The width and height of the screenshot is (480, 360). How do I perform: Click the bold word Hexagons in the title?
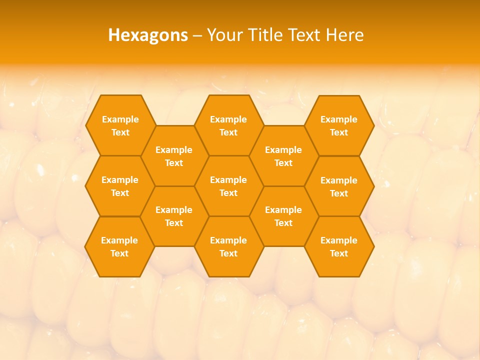148,35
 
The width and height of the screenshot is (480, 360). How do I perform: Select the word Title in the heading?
266,35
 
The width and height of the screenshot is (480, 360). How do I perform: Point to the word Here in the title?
345,35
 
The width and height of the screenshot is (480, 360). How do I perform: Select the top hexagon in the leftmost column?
120,125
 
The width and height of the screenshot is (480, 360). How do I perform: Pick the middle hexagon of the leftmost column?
120,186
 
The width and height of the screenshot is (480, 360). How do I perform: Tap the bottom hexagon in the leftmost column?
119,246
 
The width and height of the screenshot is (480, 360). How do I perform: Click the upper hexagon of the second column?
174,156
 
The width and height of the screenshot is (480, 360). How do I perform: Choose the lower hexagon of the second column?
174,216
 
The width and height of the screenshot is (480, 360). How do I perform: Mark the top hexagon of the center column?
228,125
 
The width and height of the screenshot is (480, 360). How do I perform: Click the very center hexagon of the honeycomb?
228,186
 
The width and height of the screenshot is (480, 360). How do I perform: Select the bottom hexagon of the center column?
228,246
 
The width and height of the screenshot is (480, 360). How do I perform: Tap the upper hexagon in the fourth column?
283,156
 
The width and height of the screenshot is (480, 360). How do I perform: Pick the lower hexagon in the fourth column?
283,216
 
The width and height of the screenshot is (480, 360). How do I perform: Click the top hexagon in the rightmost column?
339,125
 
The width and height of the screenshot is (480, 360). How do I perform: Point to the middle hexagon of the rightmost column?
339,186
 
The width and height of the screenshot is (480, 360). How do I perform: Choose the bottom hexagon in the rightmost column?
339,246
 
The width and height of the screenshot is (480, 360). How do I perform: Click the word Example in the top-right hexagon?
339,119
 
